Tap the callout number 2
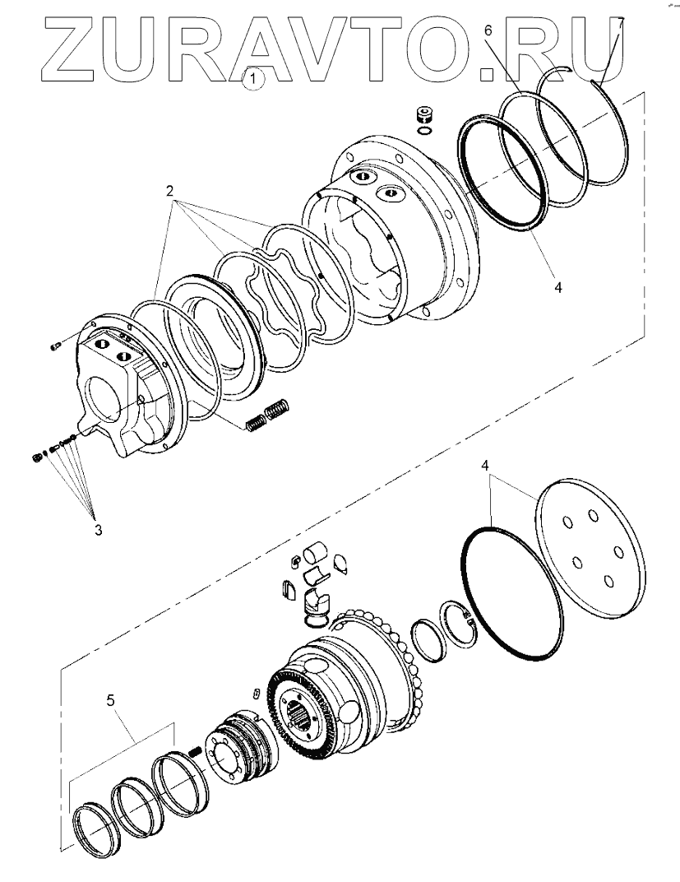pyautogui.click(x=170, y=191)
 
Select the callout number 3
pyautogui.click(x=98, y=529)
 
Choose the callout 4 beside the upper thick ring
pyautogui.click(x=557, y=289)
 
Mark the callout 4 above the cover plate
pyautogui.click(x=486, y=466)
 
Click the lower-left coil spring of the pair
pyautogui.click(x=256, y=422)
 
